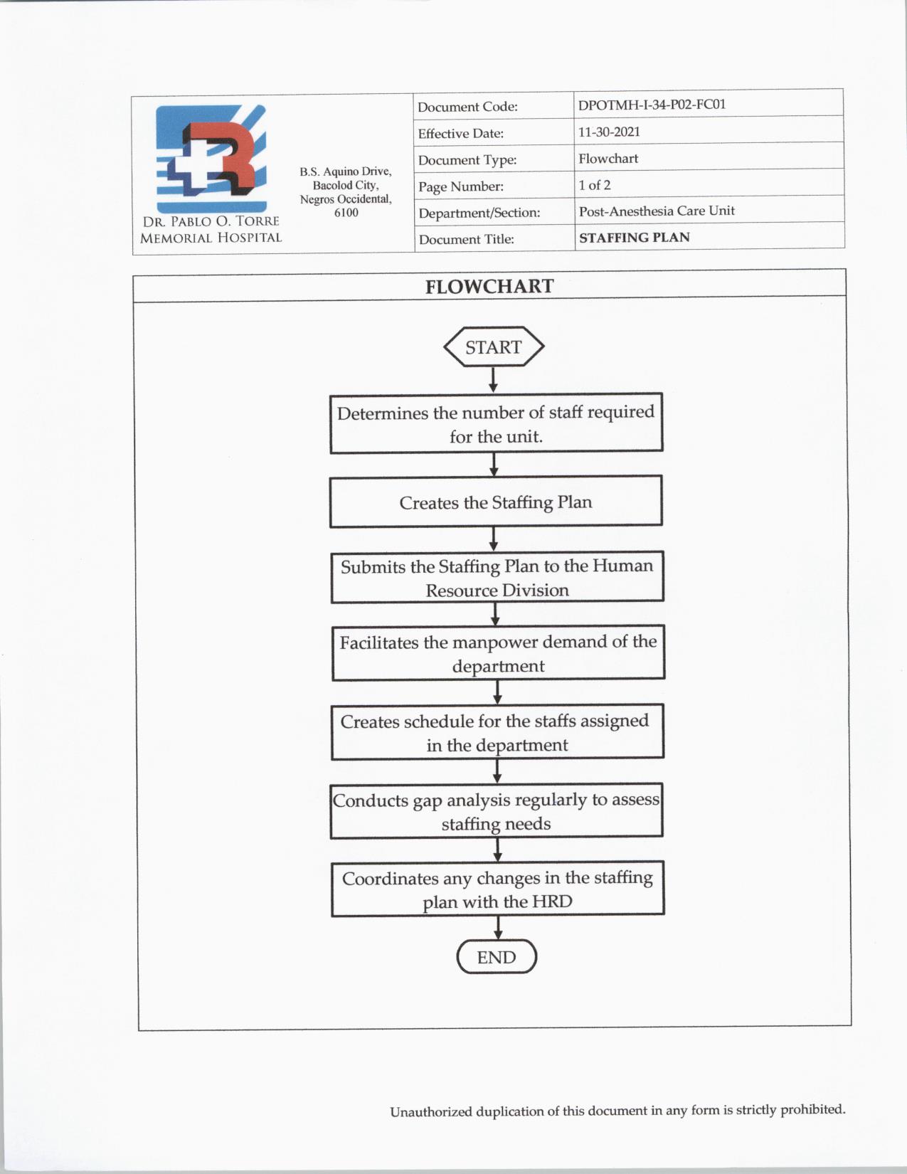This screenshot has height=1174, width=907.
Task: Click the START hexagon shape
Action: pyautogui.click(x=493, y=347)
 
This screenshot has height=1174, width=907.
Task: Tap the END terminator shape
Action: pyautogui.click(x=497, y=957)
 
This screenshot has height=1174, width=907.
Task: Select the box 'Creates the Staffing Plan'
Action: pyautogui.click(x=496, y=502)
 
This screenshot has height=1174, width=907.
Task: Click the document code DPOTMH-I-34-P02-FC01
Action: pyautogui.click(x=652, y=105)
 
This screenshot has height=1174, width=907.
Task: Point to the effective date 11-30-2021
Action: pyautogui.click(x=609, y=132)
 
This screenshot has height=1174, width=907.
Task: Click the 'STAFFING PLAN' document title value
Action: pyautogui.click(x=634, y=238)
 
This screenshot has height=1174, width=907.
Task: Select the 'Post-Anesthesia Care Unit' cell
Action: pyautogui.click(x=657, y=211)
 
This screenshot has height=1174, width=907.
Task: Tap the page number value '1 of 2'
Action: pyautogui.click(x=594, y=185)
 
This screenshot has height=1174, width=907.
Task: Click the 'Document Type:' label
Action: pyautogui.click(x=467, y=160)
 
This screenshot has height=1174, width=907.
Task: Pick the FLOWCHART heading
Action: pyautogui.click(x=489, y=286)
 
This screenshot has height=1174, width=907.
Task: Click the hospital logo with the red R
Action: pyautogui.click(x=211, y=158)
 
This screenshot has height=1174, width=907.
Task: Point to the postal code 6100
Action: pyautogui.click(x=346, y=213)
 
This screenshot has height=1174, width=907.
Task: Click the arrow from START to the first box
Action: pyautogui.click(x=493, y=379)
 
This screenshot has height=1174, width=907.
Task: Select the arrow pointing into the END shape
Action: pyautogui.click(x=497, y=928)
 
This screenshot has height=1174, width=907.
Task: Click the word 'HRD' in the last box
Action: pyautogui.click(x=552, y=901)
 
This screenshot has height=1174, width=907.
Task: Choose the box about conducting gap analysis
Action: pyautogui.click(x=497, y=811)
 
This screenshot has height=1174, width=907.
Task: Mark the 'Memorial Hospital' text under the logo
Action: pyautogui.click(x=211, y=238)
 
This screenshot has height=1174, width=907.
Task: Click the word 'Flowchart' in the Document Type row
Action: pyautogui.click(x=608, y=159)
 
